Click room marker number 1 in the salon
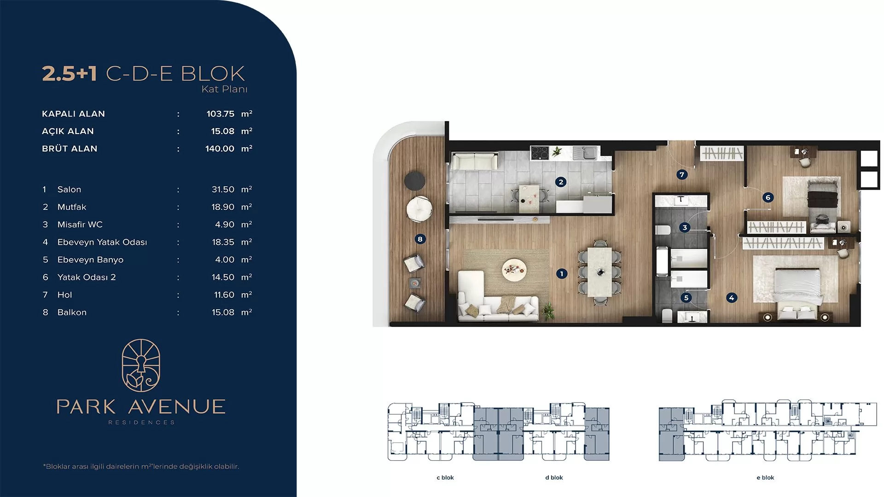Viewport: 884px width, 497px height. coord(561,274)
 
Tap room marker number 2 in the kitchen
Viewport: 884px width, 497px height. coord(560,182)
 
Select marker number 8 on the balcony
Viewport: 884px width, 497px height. coord(420,239)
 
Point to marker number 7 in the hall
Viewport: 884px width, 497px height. coord(682,174)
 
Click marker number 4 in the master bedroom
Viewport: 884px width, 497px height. coord(732,298)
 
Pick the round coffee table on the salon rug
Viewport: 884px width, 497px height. coord(514,269)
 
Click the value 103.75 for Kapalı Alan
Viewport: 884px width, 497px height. coord(221,114)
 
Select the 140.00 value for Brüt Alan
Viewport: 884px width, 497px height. coord(220,149)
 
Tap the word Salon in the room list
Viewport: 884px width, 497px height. coord(69,190)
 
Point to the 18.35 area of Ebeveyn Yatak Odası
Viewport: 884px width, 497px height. coord(223,242)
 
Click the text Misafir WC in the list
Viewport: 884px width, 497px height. coord(80,225)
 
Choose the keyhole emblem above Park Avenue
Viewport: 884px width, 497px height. coord(141,365)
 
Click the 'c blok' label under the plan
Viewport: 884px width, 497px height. coord(445,478)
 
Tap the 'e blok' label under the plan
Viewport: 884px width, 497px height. coord(765,478)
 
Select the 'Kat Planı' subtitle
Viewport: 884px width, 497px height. coord(225,89)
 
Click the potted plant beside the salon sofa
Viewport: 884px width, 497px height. coord(548,311)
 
